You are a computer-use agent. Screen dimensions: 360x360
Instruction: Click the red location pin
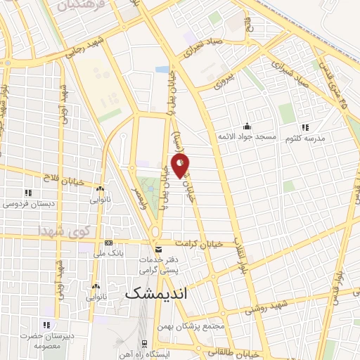click(x=181, y=166)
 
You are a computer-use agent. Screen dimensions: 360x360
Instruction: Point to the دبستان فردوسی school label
click(x=26, y=204)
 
